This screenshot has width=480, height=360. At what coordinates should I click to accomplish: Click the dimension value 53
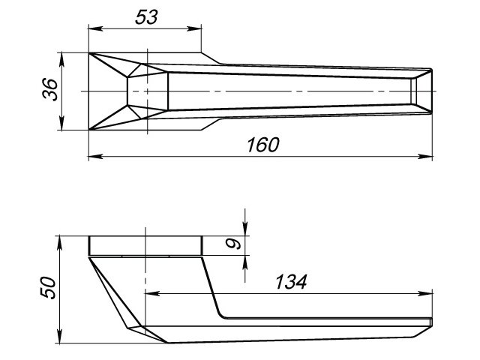point(147,16)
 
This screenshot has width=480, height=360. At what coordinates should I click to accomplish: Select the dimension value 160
point(261,145)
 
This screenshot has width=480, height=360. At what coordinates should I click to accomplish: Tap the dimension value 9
point(233,244)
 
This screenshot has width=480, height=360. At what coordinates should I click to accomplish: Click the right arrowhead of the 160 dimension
point(430,157)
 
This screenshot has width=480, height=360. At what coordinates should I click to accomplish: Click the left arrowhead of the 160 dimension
point(92,157)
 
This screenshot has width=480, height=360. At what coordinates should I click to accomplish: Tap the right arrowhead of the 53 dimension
point(198,28)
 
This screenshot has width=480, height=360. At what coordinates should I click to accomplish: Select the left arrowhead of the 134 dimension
point(148,293)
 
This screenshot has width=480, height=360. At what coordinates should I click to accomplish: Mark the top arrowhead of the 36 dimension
point(62,56)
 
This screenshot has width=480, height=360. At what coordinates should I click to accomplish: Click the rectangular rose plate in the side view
point(145,246)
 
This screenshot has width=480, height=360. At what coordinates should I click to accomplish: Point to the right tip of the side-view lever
point(432,322)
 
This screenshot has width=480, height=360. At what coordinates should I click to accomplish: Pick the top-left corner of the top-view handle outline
point(89,53)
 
